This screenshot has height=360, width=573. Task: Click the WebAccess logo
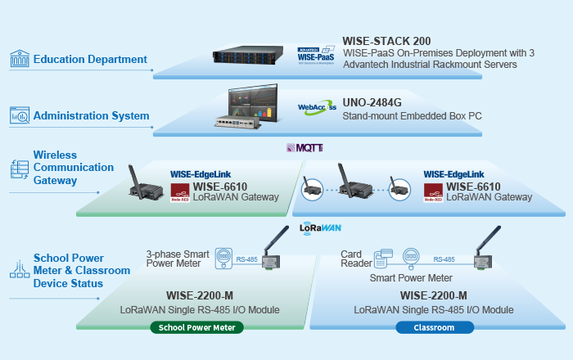(315, 108)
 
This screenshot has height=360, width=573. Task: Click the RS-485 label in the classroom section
(444, 259)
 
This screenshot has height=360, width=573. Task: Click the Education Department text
(90, 59)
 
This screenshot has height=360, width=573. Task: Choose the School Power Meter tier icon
(18, 270)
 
